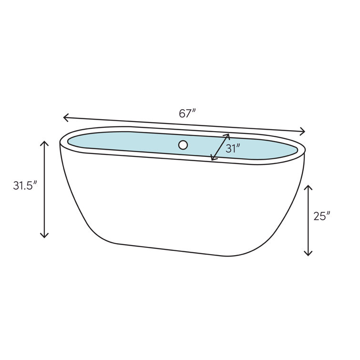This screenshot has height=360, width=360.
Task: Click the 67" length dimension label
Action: coord(187,113)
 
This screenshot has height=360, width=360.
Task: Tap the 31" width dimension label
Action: coord(233,149)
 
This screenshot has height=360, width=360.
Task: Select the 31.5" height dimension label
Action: coord(25,185)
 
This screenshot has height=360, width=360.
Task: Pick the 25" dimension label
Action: coord(322,216)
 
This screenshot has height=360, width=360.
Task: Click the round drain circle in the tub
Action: coord(183,145)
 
